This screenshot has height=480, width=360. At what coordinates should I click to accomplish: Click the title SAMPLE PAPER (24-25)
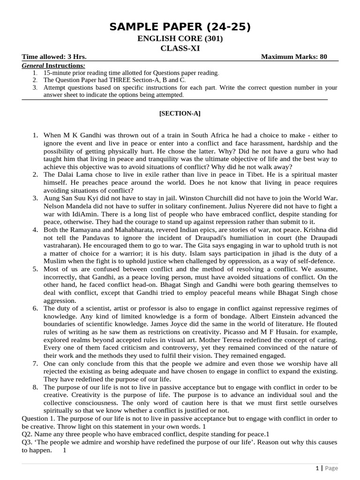point(180,27)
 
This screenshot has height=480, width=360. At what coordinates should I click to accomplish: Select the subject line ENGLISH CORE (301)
point(180,39)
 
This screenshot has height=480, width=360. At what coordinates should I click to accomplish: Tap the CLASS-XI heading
point(180,48)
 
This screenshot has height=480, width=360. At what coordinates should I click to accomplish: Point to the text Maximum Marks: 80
point(294,57)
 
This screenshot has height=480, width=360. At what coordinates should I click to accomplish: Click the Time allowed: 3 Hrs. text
point(54,57)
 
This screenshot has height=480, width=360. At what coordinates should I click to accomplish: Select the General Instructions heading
point(53,65)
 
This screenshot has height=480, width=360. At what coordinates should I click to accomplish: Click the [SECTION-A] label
point(180,113)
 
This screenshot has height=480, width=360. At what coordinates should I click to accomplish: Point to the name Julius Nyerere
point(252,206)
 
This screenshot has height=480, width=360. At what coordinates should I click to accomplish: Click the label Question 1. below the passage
point(40,418)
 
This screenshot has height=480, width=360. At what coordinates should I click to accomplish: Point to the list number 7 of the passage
point(35,363)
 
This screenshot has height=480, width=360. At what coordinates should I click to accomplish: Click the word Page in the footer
point(331,468)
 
